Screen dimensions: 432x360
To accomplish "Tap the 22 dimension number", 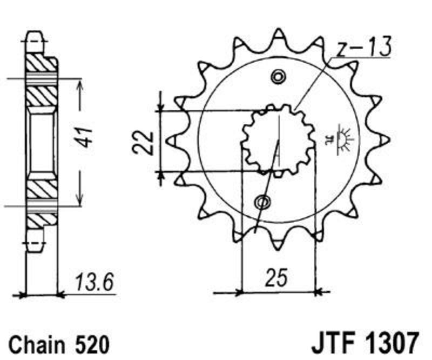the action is [x=143, y=142].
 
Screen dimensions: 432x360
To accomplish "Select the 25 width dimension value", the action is [x=276, y=277].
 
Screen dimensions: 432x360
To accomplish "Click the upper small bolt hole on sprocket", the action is [x=278, y=76].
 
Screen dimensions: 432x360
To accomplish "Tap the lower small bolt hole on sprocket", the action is [x=262, y=202].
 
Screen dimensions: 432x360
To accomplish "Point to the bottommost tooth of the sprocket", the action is [x=278, y=246].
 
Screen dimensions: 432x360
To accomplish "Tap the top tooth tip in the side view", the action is [x=35, y=35].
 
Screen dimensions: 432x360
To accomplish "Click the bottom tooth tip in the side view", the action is [x=35, y=248].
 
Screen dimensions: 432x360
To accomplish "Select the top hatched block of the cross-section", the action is [x=41, y=64].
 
